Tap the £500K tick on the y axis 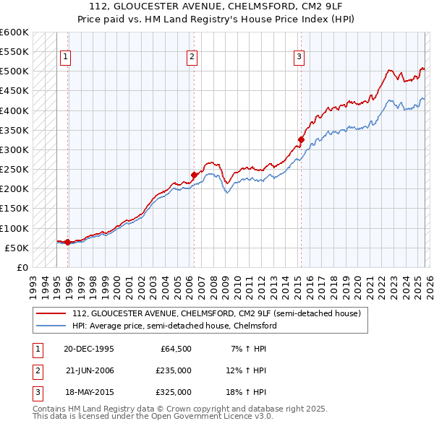pos(14,71)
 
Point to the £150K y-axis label pos(14,209)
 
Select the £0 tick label pos(22,268)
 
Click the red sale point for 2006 pos(194,175)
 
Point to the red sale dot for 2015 pos(301,139)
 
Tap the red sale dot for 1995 pos(68,242)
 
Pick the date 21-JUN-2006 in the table pos(90,370)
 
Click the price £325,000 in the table pos(174,392)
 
